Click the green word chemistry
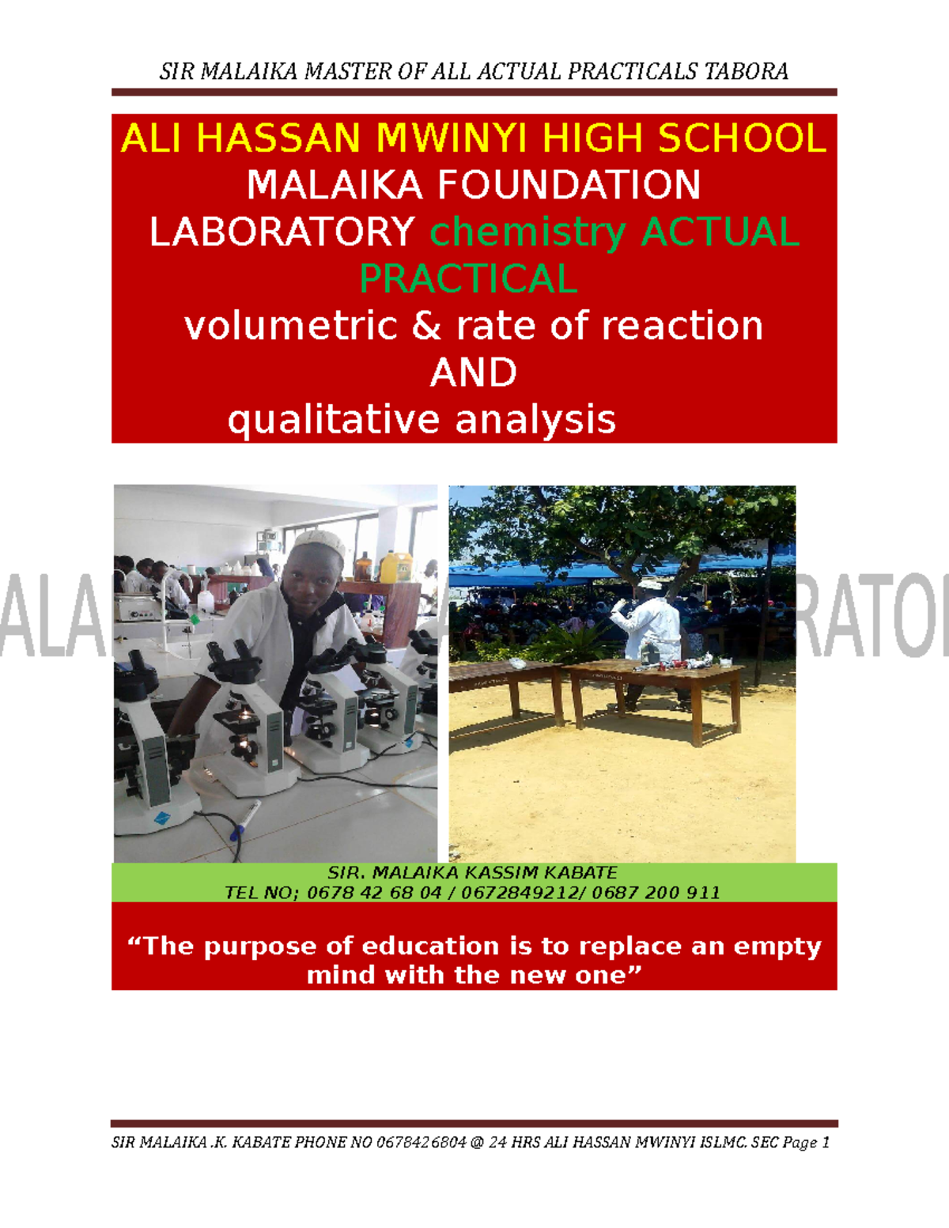528,232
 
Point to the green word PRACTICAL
468,279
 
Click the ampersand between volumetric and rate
426,326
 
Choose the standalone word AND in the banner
473,372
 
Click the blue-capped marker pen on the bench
244,819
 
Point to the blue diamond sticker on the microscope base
161,818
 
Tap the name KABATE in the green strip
585,873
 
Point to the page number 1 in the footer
826,1143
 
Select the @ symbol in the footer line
476,1143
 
